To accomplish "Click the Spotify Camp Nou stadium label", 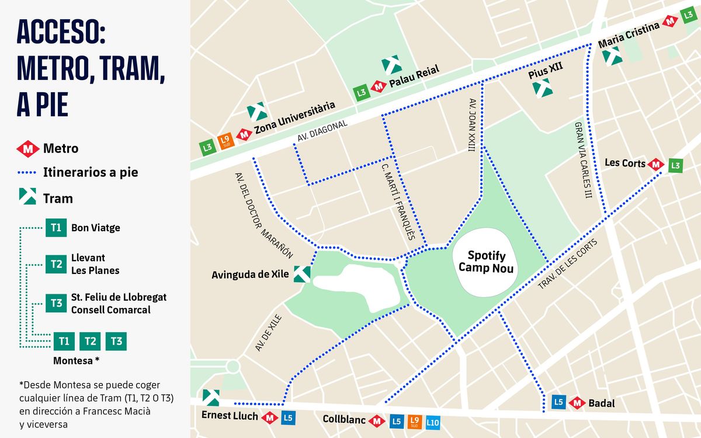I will pyautogui.click(x=486, y=262).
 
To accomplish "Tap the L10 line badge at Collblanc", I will pyautogui.click(x=432, y=422).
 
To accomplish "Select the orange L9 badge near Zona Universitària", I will pyautogui.click(x=225, y=141).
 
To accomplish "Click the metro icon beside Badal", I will pyautogui.click(x=577, y=402).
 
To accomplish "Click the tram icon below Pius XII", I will pyautogui.click(x=542, y=88).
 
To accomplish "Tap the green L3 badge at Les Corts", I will pyautogui.click(x=675, y=165).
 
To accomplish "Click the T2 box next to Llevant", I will pyautogui.click(x=56, y=264).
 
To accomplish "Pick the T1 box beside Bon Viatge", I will pyautogui.click(x=56, y=228).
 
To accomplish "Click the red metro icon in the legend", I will pyautogui.click(x=27, y=149).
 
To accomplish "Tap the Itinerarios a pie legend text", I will pyautogui.click(x=90, y=173).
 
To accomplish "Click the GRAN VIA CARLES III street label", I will pyautogui.click(x=582, y=160).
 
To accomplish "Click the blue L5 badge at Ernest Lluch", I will pyautogui.click(x=287, y=418).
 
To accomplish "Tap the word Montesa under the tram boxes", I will pyautogui.click(x=72, y=360).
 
